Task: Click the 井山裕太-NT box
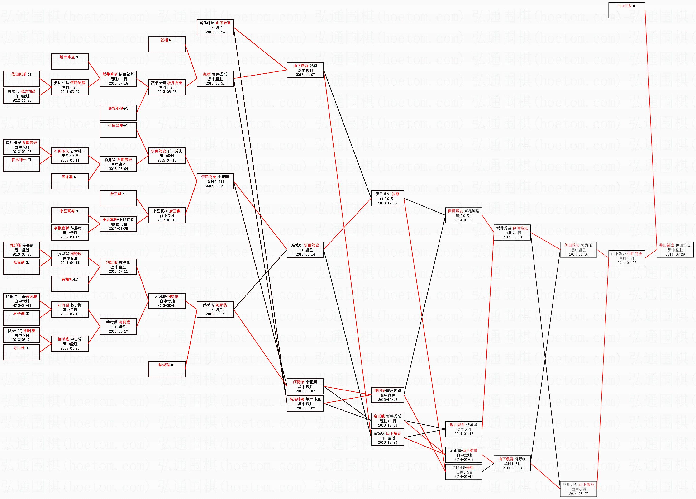coord(626,10)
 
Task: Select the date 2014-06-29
coord(675,254)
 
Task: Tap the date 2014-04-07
coord(627,263)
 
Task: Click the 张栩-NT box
coord(167,44)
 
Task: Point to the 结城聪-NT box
coord(167,369)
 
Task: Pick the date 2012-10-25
coord(22,100)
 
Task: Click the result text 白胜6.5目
coord(167,87)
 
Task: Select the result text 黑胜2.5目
coord(215,182)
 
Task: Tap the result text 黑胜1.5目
coord(512,464)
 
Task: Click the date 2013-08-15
coord(167,306)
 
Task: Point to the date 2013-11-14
coord(305,254)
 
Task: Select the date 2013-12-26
coord(387,442)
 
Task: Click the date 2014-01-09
coord(464,220)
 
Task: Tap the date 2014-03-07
coord(578,494)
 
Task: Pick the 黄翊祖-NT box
coord(70,284)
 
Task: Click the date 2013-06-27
coord(118,331)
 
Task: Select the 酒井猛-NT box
coord(70,181)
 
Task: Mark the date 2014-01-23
coord(464,460)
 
